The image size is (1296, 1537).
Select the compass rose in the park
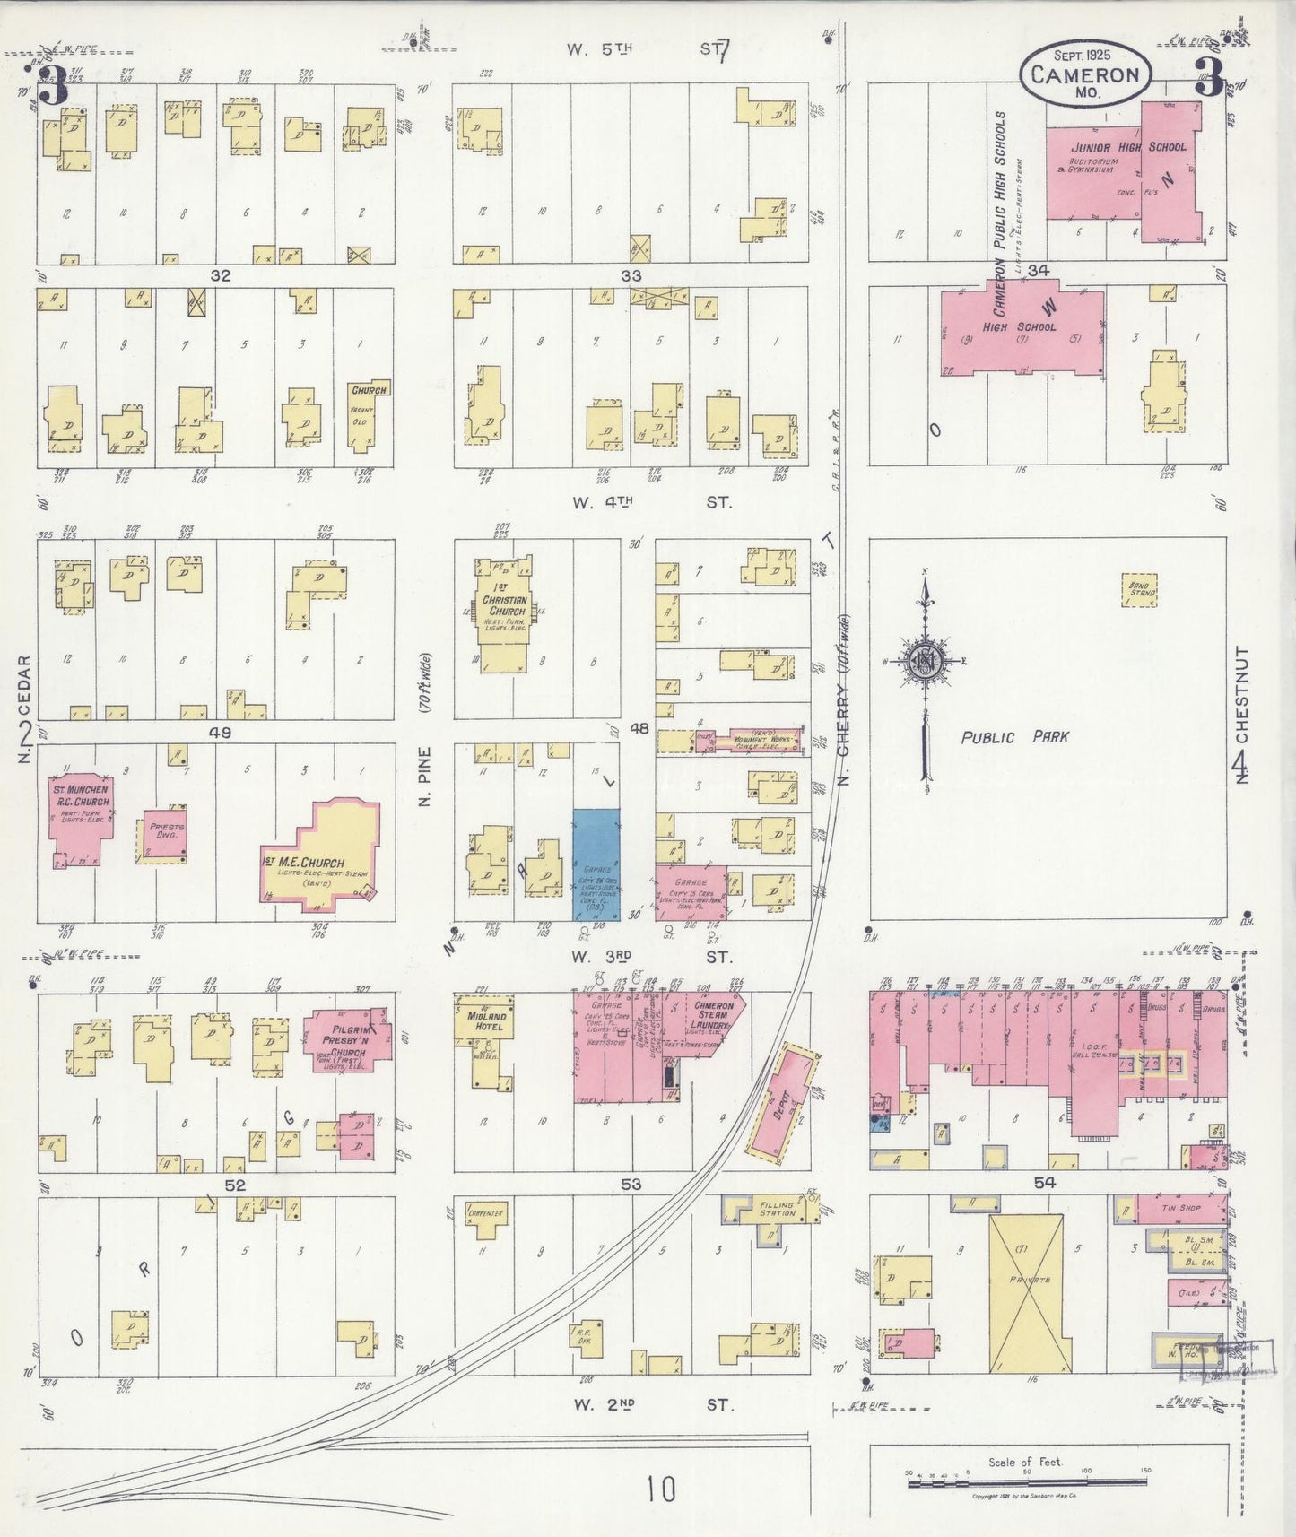925,662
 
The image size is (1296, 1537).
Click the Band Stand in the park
1139,592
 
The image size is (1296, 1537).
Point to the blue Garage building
596,865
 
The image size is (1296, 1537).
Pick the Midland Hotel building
485,1022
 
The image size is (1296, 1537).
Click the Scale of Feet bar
1027,1483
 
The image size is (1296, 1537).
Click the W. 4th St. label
652,503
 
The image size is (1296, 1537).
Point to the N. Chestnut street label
1241,713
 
